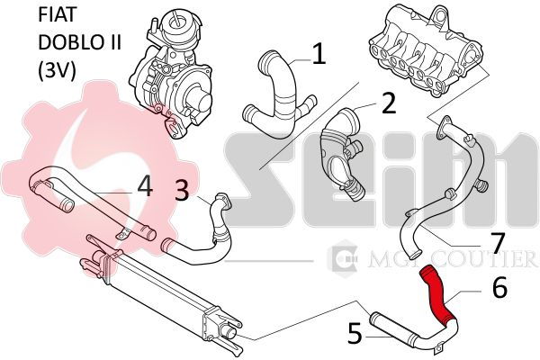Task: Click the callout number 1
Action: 319,54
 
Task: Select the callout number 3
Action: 182,191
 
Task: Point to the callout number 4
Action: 145,186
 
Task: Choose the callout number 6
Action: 500,287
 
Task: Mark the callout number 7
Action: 497,242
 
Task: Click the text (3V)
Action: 57,71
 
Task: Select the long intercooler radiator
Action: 161,297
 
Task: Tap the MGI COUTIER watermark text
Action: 452,257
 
